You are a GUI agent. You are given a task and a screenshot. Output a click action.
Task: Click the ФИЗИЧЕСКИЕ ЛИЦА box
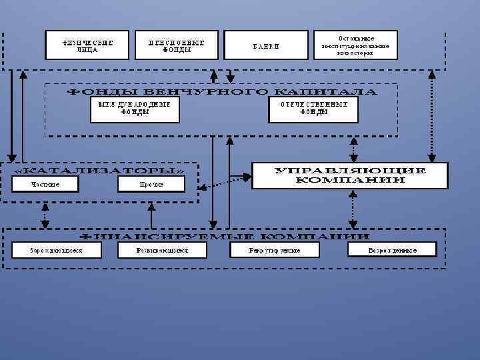tap(87, 45)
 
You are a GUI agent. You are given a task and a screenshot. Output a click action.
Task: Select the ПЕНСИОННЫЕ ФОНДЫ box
tap(176, 45)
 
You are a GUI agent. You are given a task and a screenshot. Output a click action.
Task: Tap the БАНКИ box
tap(266, 45)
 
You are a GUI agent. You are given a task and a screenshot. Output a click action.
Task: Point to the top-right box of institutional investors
tap(355, 45)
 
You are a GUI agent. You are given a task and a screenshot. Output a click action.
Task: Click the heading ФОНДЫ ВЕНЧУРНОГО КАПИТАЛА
tap(221, 91)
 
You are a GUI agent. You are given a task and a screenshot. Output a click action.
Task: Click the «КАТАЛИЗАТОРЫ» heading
tap(99, 170)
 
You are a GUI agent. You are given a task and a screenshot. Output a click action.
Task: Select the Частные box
tap(45, 184)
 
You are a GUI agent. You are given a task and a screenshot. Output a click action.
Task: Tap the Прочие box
tap(152, 184)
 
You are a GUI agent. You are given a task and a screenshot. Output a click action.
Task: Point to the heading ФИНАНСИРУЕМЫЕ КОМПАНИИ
tap(225, 236)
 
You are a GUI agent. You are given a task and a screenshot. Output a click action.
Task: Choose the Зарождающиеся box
tap(56, 250)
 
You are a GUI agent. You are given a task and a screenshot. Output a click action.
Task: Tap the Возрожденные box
tap(393, 250)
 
